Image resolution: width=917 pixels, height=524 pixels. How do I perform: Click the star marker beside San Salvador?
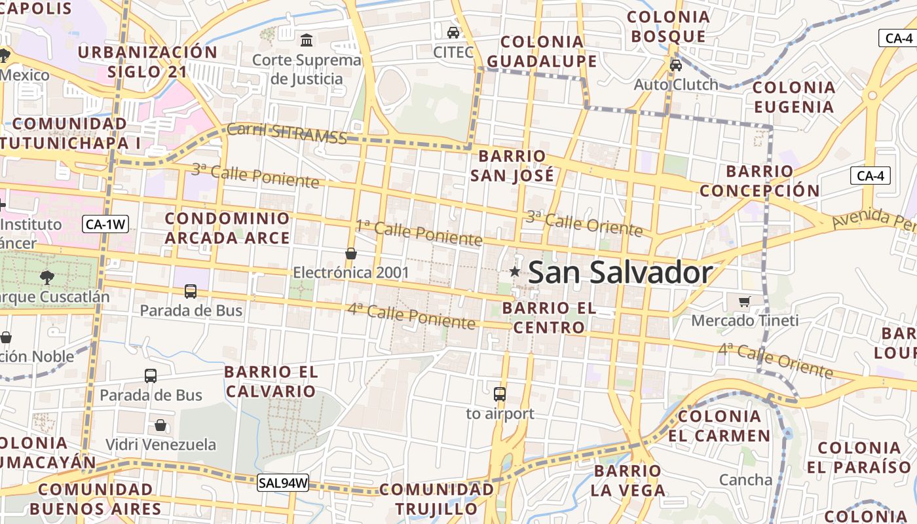(x=515, y=272)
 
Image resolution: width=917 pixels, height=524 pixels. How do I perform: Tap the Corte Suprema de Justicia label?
(x=307, y=69)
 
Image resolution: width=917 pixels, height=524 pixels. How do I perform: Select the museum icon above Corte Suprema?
(x=306, y=41)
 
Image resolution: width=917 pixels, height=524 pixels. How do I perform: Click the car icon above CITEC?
(x=453, y=32)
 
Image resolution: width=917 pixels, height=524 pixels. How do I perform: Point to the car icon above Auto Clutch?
(x=675, y=65)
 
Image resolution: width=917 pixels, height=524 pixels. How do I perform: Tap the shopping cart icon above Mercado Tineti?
(x=744, y=301)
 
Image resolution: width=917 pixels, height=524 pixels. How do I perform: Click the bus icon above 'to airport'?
(x=500, y=394)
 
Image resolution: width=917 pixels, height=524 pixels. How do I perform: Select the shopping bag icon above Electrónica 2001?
(x=351, y=253)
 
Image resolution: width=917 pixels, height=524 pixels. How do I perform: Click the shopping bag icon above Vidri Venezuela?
(x=160, y=425)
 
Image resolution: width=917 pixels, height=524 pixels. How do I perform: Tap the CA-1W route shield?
(x=105, y=225)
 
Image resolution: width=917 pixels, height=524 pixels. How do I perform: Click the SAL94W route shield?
(x=283, y=483)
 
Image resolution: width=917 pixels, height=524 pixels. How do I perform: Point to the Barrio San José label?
(x=512, y=166)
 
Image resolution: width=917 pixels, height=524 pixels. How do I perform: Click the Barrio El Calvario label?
(x=271, y=382)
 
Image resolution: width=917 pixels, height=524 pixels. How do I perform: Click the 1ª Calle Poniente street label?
(x=419, y=233)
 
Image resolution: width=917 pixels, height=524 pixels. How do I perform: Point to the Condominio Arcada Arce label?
(x=227, y=228)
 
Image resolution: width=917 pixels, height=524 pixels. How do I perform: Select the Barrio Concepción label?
(x=759, y=181)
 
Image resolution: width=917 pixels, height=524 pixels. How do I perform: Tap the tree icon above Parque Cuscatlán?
(x=47, y=277)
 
